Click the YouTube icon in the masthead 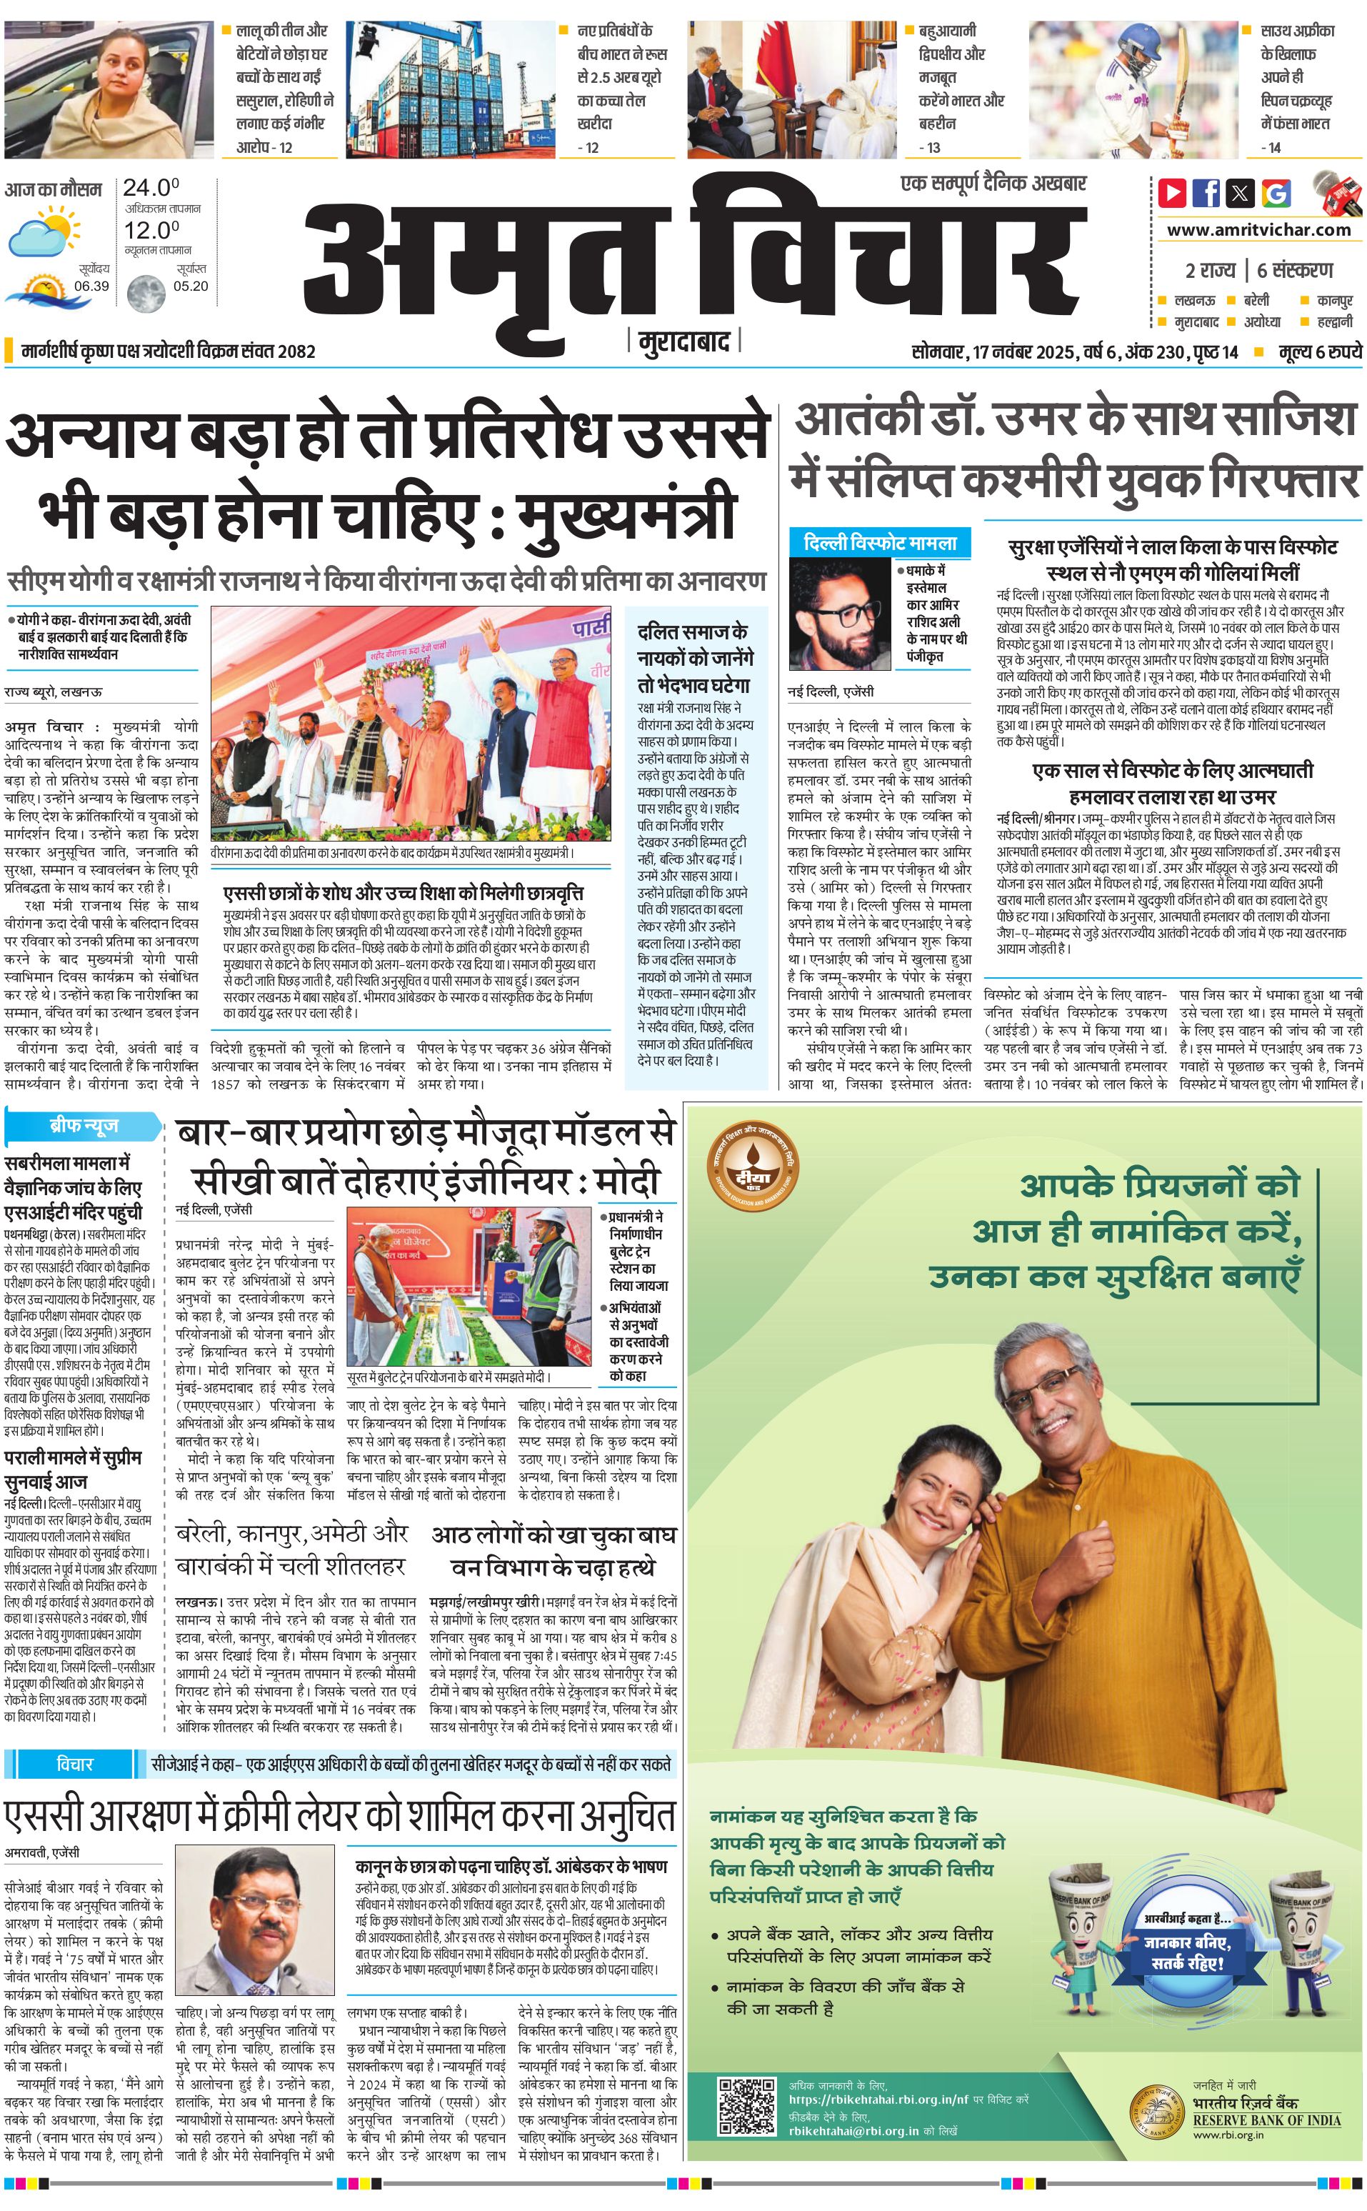pos(1172,193)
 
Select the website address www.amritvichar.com pos(1258,230)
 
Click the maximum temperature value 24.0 pos(151,188)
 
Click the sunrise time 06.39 pos(91,286)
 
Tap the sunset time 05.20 pos(191,286)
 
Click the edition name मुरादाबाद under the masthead pos(683,341)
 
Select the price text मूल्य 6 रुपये pos(1319,351)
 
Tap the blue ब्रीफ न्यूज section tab pos(83,1126)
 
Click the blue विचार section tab pos(74,1763)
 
